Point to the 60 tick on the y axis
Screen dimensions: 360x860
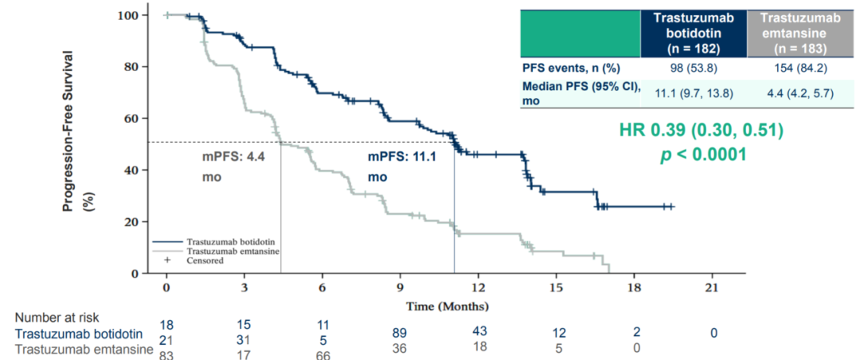pos(130,119)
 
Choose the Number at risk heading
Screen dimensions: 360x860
pos(56,318)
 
